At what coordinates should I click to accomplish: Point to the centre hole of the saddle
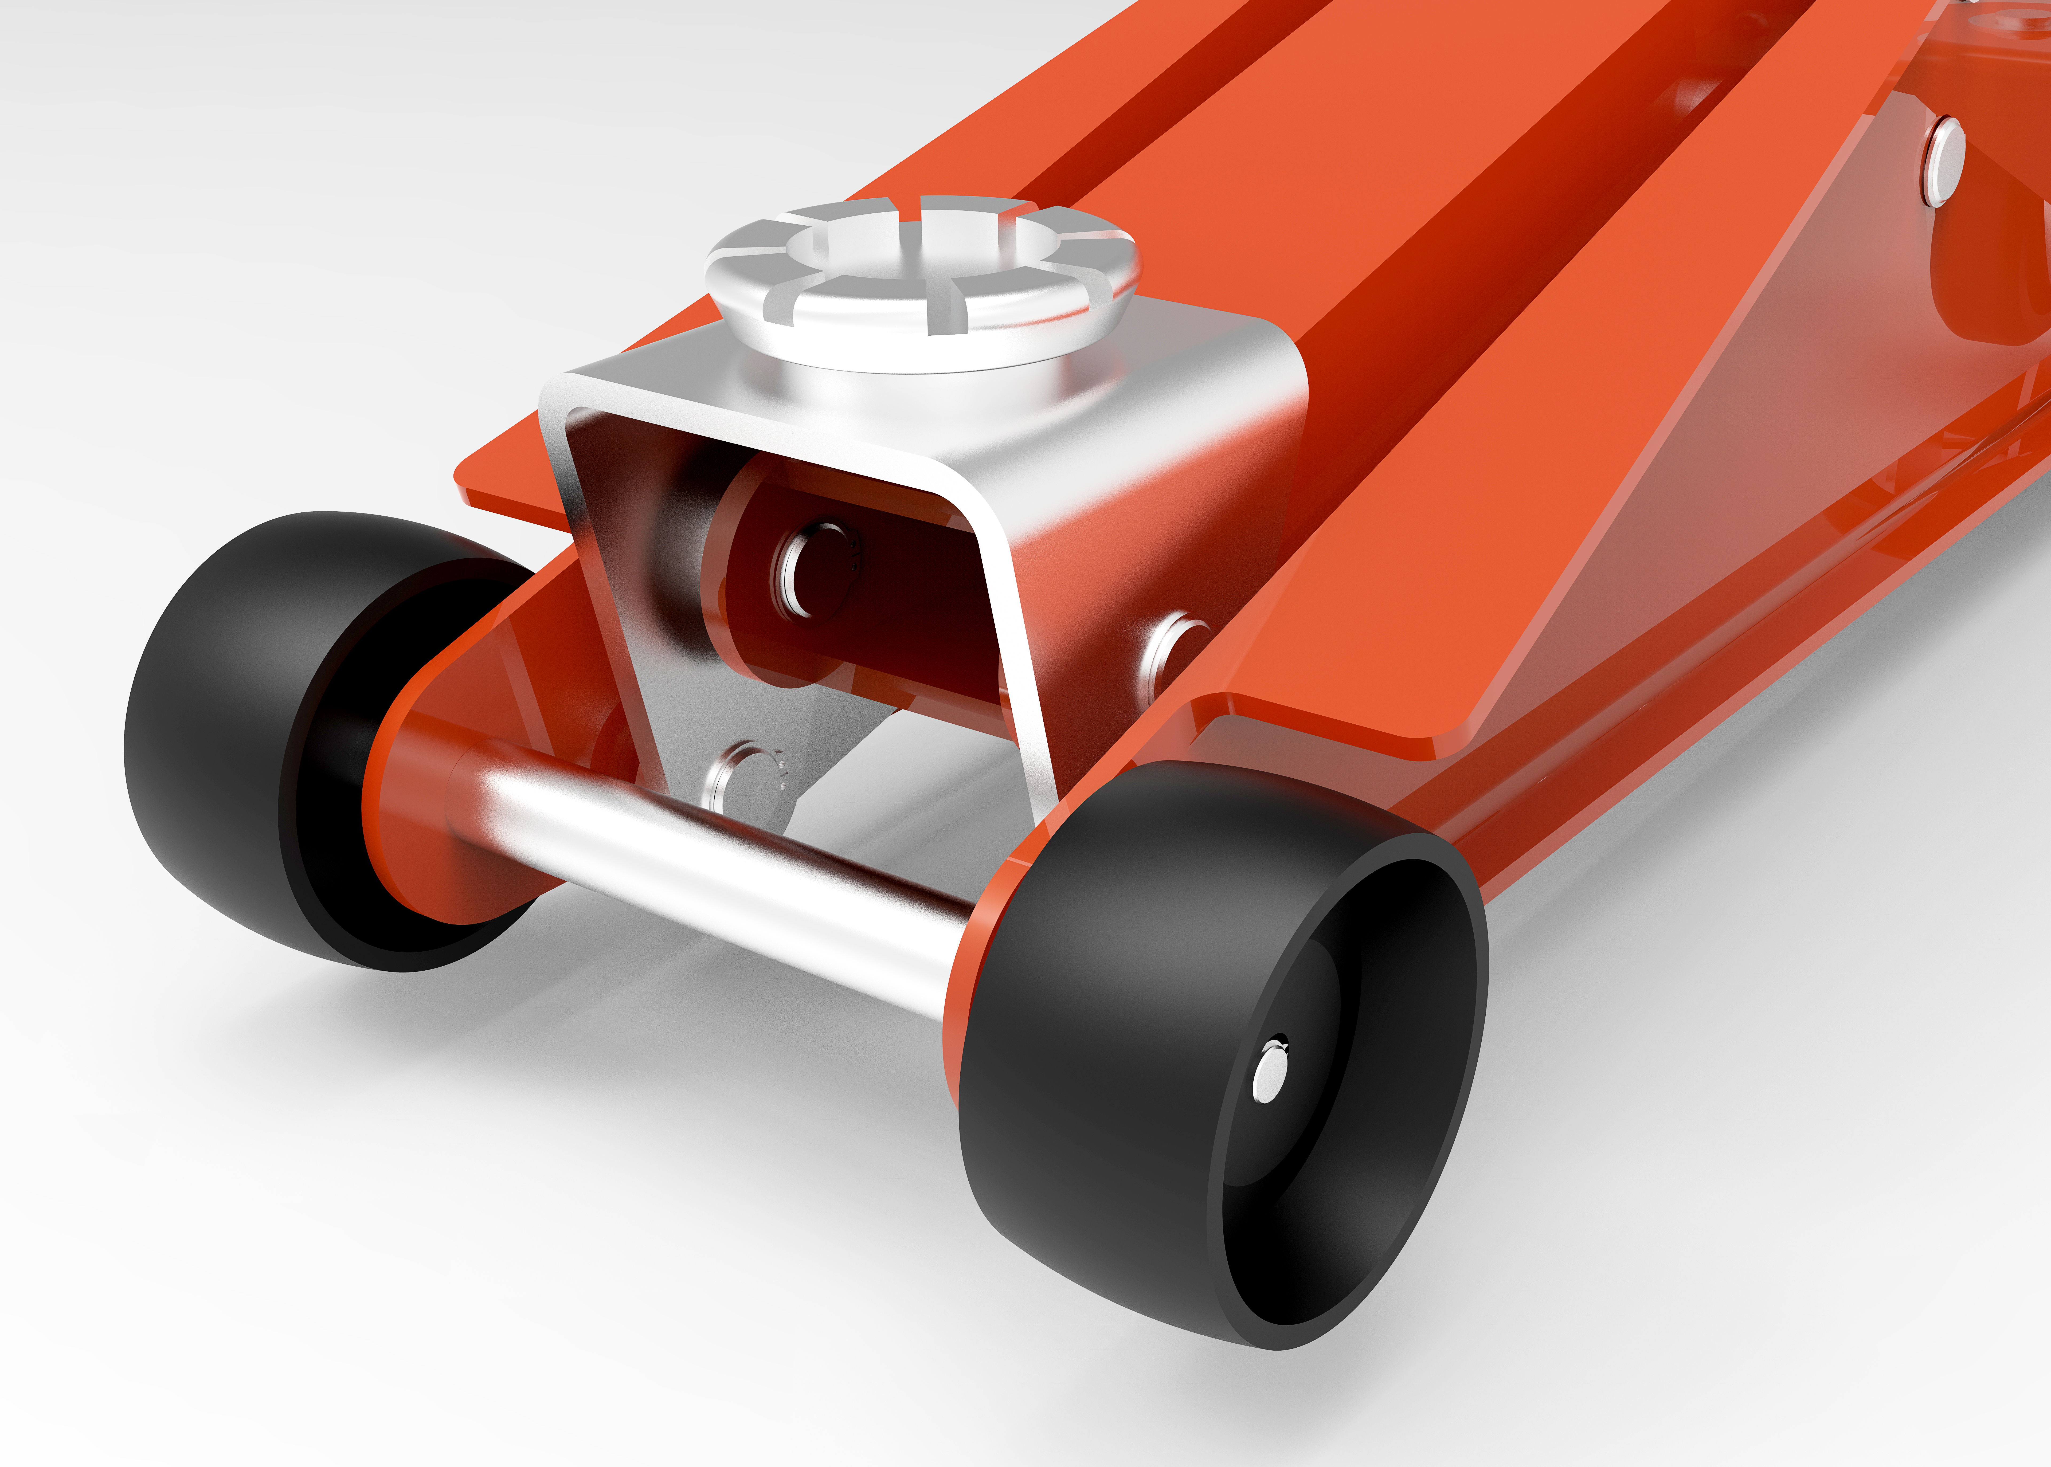click(913, 248)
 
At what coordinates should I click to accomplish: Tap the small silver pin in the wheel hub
click(1269, 1075)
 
